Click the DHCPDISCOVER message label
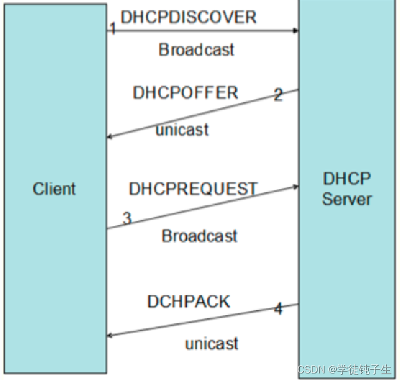(x=189, y=17)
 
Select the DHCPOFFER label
(x=185, y=92)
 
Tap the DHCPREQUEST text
(x=193, y=189)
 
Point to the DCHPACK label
(x=189, y=301)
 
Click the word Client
(x=54, y=189)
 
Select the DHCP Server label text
(x=346, y=188)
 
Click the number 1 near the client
(x=113, y=28)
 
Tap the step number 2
(x=278, y=95)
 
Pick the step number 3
(x=127, y=219)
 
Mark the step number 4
(x=278, y=309)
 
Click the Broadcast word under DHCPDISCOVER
(x=196, y=50)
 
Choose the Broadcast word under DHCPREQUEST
(x=199, y=236)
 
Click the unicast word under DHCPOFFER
(x=183, y=130)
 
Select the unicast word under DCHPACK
(x=211, y=343)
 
